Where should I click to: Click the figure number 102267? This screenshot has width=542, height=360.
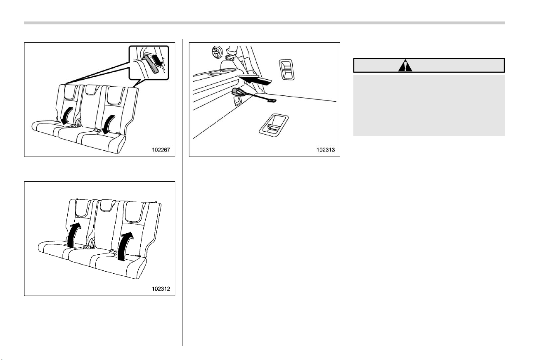click(161, 150)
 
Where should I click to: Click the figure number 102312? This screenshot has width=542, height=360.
click(161, 289)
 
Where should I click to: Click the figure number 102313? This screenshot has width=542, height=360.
click(326, 150)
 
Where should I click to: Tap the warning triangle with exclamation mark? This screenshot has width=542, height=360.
click(405, 65)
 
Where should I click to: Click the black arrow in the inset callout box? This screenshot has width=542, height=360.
click(158, 60)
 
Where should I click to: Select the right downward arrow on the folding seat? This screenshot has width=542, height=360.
click(108, 124)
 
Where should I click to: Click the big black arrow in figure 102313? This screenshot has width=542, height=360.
click(255, 80)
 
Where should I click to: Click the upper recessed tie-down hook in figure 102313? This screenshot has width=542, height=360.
click(286, 69)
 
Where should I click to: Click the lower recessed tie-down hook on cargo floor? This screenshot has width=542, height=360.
click(274, 125)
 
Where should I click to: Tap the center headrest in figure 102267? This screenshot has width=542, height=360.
click(91, 90)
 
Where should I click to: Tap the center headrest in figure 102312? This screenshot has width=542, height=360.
click(107, 206)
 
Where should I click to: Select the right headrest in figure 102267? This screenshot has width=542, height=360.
click(116, 96)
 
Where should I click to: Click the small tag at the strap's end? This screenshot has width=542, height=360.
click(272, 100)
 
